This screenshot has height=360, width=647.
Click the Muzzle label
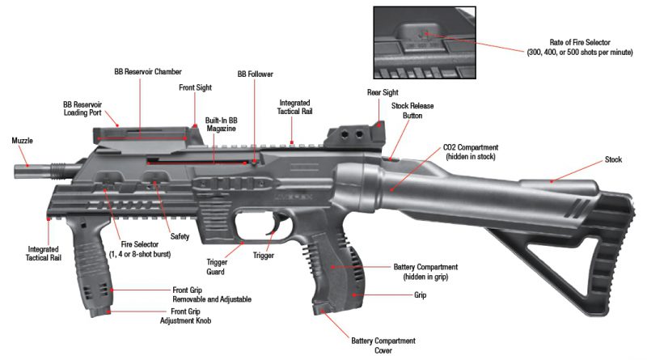[x=22, y=141]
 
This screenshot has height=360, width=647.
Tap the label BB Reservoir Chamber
[x=148, y=71]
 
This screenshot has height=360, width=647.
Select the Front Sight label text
[x=195, y=87]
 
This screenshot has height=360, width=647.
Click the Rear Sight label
[x=384, y=92]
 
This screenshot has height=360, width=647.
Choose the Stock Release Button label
[x=412, y=111]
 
